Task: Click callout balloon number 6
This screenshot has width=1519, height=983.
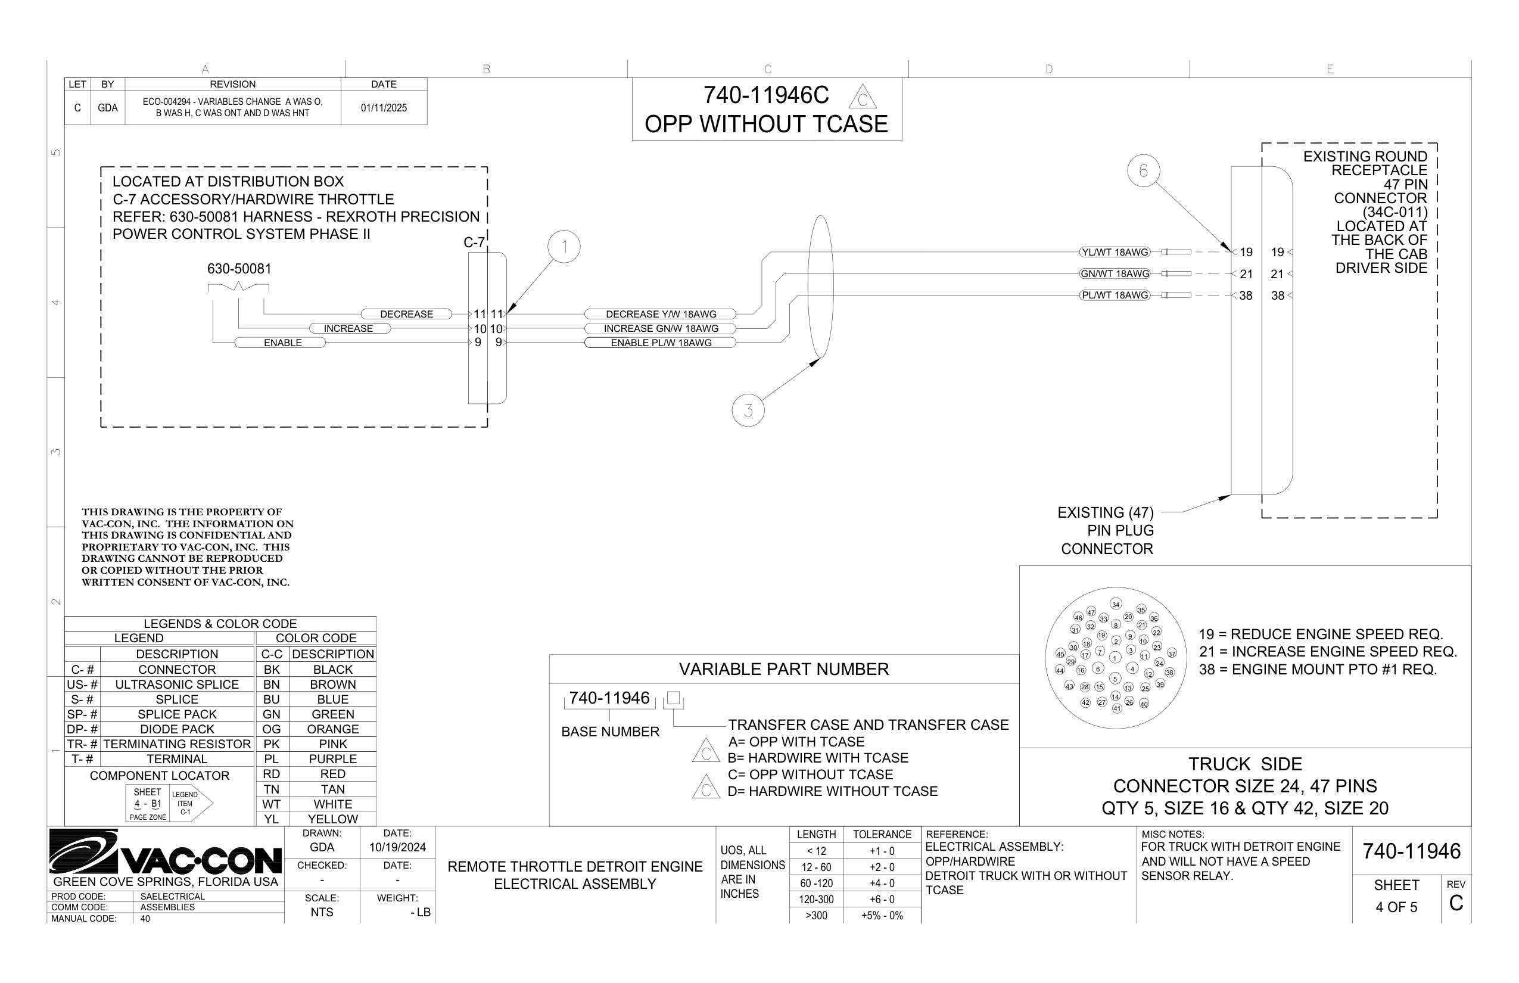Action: coord(1143,171)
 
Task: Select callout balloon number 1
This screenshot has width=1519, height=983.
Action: coord(564,247)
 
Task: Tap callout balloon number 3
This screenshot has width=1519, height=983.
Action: coord(748,410)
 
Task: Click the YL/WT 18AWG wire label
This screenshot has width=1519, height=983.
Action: coord(1115,252)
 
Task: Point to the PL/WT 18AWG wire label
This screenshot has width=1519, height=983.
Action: coord(1115,295)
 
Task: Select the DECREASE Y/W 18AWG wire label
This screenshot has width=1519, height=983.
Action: coord(661,314)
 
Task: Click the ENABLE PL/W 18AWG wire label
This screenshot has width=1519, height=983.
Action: coord(661,343)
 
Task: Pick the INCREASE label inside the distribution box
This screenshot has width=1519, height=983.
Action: coord(348,329)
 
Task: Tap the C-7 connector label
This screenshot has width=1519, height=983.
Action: coord(474,242)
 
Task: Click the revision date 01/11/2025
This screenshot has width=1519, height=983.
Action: coord(384,108)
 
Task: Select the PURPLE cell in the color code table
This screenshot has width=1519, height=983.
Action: coord(332,759)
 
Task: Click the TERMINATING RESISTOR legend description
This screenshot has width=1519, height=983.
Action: coord(177,744)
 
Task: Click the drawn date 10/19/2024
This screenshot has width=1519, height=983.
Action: coord(397,848)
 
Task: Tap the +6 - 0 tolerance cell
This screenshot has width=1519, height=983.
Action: coord(882,900)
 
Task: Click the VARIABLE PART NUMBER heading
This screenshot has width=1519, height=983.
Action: coord(784,669)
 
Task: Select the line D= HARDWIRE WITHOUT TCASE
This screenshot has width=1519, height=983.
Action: coord(832,792)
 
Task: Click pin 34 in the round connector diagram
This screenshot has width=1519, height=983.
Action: coord(1116,604)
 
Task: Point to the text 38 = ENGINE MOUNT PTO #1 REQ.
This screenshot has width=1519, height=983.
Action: coord(1318,670)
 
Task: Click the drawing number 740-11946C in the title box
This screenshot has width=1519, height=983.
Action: coord(766,96)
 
